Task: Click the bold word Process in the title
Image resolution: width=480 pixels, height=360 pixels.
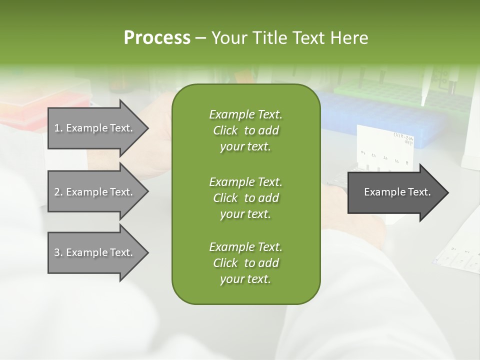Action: pyautogui.click(x=157, y=37)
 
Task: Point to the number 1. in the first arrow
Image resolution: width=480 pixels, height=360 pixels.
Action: pyautogui.click(x=58, y=128)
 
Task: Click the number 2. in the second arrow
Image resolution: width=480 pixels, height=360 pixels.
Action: pyautogui.click(x=58, y=192)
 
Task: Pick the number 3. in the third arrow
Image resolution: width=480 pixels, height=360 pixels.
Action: pyautogui.click(x=58, y=252)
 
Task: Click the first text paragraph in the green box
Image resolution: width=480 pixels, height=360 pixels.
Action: pyautogui.click(x=245, y=130)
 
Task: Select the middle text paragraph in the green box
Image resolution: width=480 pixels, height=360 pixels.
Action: pyautogui.click(x=245, y=197)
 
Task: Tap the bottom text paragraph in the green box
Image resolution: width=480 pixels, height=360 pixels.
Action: pyautogui.click(x=245, y=263)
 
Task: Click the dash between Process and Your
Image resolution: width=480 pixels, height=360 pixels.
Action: pyautogui.click(x=200, y=38)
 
